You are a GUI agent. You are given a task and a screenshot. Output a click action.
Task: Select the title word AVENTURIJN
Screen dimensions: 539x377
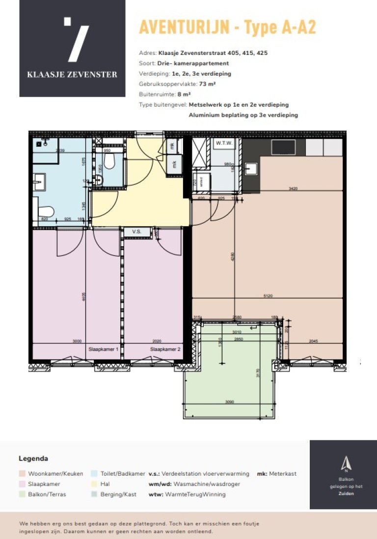184,27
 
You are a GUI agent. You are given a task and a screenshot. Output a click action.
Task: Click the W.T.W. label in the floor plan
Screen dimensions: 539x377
224,143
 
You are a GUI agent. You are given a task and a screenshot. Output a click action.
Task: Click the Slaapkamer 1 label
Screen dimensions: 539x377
103,350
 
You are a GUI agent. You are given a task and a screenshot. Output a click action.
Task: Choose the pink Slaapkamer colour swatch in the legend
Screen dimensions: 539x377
22,484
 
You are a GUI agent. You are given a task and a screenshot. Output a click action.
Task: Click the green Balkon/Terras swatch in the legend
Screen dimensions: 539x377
22,494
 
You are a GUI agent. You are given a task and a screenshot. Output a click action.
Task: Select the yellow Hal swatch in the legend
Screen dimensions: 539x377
94,484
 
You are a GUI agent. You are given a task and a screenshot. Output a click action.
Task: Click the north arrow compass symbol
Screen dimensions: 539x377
346,462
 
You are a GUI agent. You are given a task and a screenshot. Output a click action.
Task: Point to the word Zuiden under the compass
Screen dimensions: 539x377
346,493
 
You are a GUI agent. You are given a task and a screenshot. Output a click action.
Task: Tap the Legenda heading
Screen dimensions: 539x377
33,459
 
